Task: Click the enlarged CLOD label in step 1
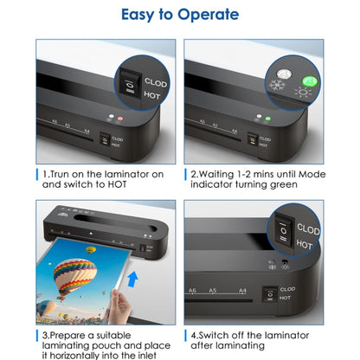pos(157,82)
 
